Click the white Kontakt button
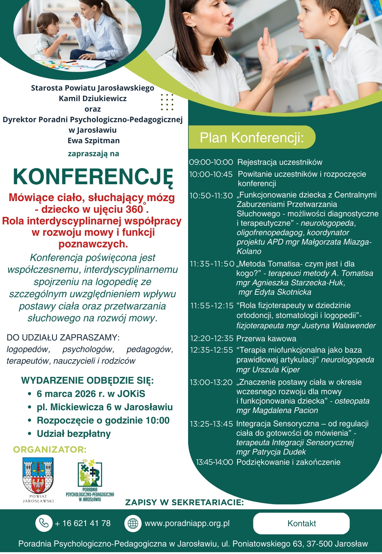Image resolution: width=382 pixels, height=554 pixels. (301, 523)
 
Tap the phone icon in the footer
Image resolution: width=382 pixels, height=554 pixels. (44, 523)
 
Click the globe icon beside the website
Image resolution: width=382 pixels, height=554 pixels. (133, 523)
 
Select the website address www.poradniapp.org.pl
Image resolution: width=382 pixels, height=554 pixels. (187, 523)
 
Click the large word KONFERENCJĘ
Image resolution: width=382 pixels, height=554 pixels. (93, 177)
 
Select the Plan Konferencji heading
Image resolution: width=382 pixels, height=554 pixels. (251, 138)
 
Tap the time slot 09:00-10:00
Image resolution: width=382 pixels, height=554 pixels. (211, 162)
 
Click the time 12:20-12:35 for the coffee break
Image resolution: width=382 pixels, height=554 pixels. (212, 338)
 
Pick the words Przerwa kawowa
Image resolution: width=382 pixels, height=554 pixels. (266, 338)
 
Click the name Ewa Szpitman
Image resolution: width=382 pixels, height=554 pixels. (93, 141)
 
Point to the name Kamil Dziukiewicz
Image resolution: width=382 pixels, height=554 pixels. (93, 99)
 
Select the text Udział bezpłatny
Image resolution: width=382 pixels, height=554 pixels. (74, 434)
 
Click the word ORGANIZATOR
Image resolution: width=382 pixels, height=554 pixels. (50, 450)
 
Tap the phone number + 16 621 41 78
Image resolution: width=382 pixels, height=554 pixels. (83, 523)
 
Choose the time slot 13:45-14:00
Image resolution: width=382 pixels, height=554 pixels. (214, 462)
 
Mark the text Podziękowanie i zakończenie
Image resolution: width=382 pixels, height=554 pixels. (288, 462)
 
